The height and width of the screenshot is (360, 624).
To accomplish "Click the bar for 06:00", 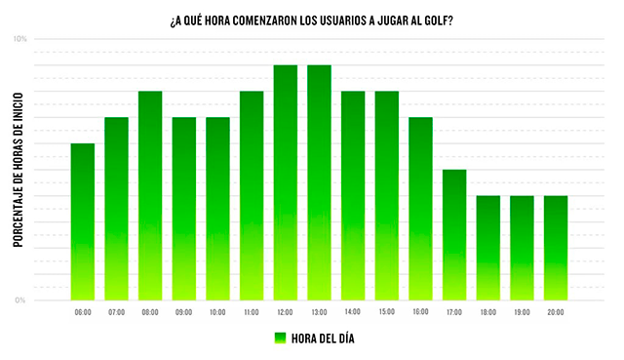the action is tap(83, 221).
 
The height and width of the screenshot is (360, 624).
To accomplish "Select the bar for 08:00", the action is tap(150, 195).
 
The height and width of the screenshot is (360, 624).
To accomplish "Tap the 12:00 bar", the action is tap(286, 182).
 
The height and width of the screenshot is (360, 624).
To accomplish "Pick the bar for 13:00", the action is tap(319, 182).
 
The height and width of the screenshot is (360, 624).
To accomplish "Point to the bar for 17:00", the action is tap(454, 235).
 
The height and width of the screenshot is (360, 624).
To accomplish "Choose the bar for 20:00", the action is tap(556, 248).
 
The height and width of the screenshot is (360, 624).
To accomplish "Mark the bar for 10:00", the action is tap(217, 209).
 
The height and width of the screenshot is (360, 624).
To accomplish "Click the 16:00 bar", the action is tap(420, 209).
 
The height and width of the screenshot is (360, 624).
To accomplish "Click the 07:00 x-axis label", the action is tap(117, 312).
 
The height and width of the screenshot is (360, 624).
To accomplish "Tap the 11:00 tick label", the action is tap(252, 312).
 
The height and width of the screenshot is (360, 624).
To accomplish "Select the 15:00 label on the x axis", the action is tap(387, 312).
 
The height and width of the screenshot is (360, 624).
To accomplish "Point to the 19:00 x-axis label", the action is tap(523, 312).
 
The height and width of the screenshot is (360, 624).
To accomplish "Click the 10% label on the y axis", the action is tap(19, 39).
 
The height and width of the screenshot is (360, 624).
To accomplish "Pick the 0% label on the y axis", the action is tap(20, 300).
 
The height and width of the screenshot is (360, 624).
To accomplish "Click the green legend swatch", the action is tap(280, 339).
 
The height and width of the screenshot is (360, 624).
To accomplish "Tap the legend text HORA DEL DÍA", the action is tap(323, 339).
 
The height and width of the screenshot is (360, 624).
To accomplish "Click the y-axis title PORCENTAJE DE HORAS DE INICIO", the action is tap(19, 170).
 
